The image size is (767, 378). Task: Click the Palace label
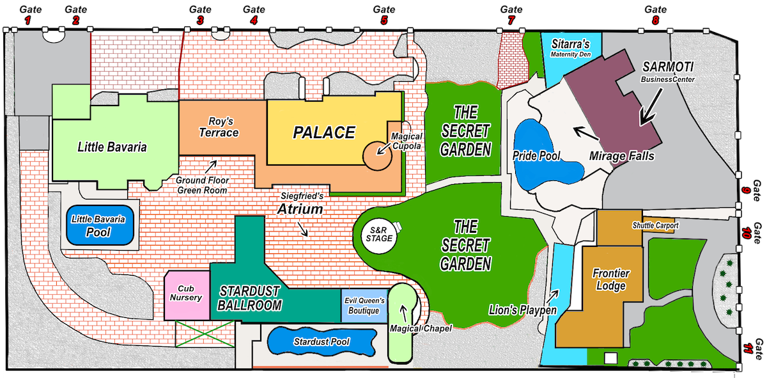pos(323,133)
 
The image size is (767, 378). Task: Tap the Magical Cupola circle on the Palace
pos(376,154)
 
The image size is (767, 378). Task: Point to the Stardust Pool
pos(320,342)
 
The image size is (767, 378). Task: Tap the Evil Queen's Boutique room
pos(364,306)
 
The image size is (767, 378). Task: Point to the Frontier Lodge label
pos(610,280)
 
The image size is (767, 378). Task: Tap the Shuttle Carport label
pos(655,226)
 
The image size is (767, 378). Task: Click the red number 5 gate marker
pos(384,20)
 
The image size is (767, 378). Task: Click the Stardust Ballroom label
pos(249,298)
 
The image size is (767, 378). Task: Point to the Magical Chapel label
pos(421,329)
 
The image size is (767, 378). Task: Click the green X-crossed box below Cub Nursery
pos(204,333)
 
